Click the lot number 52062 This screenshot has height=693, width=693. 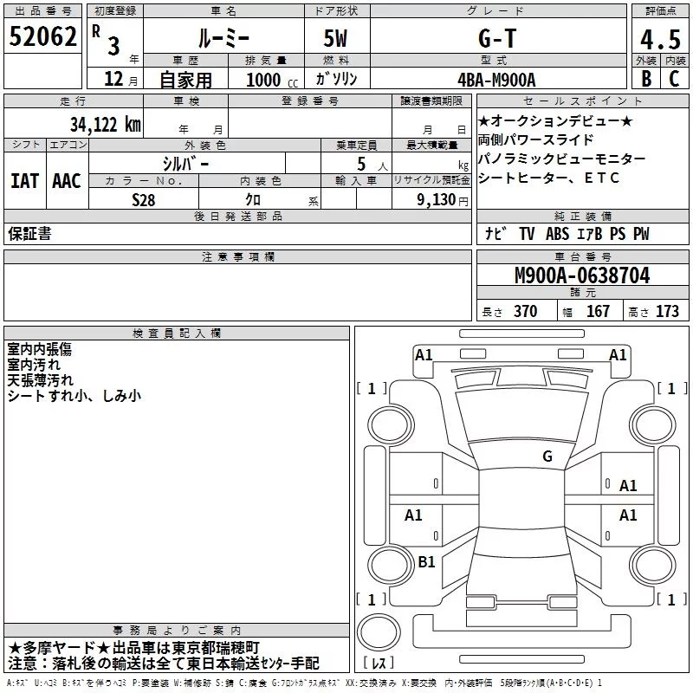[x=42, y=36]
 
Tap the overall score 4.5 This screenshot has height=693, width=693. [x=660, y=40]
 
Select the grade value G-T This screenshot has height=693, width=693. [x=497, y=38]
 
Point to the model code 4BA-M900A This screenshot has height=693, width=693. [x=496, y=80]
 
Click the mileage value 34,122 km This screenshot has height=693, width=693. [x=106, y=124]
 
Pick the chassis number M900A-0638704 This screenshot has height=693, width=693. [x=582, y=275]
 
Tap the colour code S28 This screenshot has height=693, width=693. [x=143, y=200]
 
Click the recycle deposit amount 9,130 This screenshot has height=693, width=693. [x=437, y=200]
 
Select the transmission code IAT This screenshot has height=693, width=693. [x=25, y=181]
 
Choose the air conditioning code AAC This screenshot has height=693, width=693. [x=67, y=181]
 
